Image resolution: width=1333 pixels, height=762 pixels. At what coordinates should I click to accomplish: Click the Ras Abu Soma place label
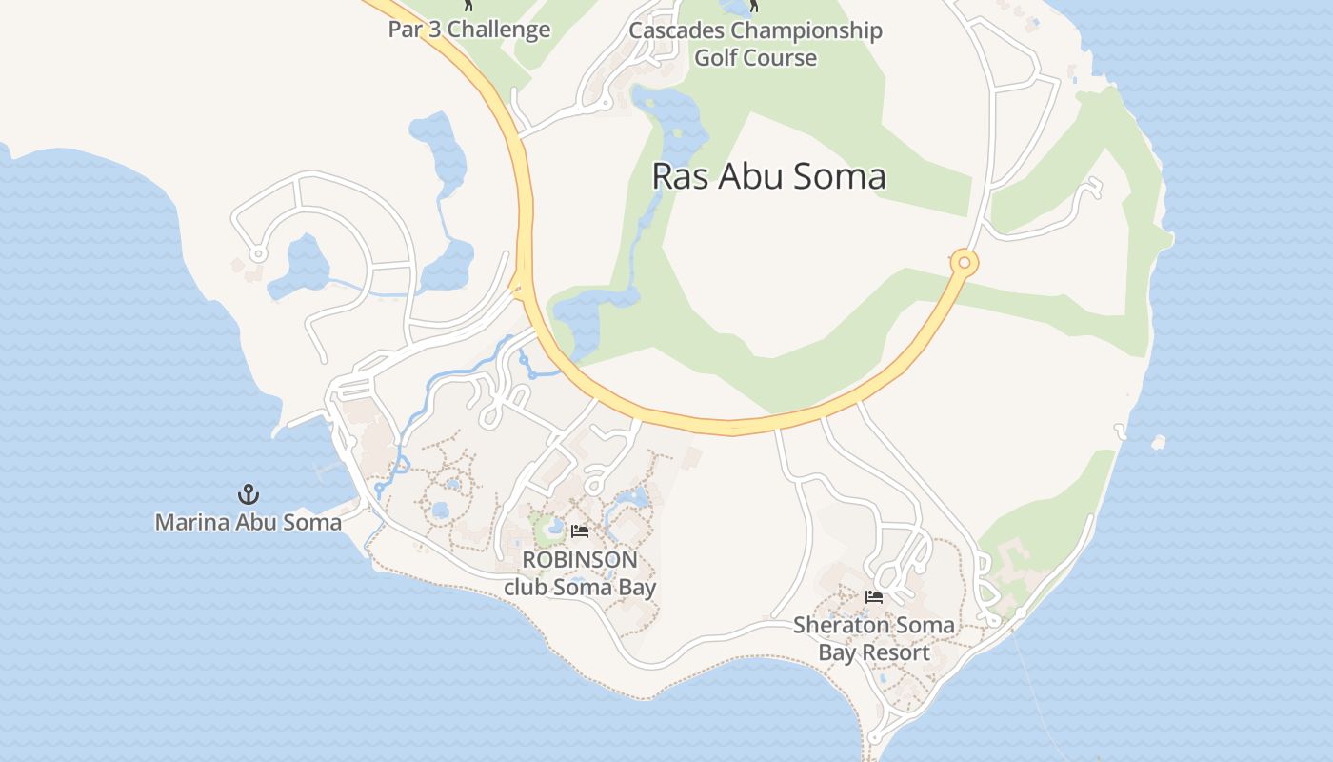(768, 176)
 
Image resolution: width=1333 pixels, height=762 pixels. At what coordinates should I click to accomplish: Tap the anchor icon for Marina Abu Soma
(249, 494)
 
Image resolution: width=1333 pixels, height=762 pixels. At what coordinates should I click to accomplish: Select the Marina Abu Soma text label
(249, 522)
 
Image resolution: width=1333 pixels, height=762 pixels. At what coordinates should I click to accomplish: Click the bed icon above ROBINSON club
(580, 531)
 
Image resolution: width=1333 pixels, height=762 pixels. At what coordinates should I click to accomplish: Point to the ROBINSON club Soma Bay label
(580, 572)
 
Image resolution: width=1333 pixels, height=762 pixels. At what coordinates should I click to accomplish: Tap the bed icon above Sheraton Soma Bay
(874, 597)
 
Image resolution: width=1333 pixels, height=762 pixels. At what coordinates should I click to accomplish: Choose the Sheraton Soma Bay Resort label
(874, 639)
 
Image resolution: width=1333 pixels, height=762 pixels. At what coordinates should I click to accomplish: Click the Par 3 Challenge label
(468, 30)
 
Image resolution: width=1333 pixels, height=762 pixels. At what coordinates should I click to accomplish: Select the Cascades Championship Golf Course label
(755, 44)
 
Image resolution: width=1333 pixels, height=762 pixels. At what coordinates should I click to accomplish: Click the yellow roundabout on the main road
(964, 262)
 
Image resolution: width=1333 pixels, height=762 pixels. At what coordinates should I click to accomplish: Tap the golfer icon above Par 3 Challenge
(468, 6)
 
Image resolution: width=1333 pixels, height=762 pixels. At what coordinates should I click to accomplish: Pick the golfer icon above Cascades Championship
(754, 6)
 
